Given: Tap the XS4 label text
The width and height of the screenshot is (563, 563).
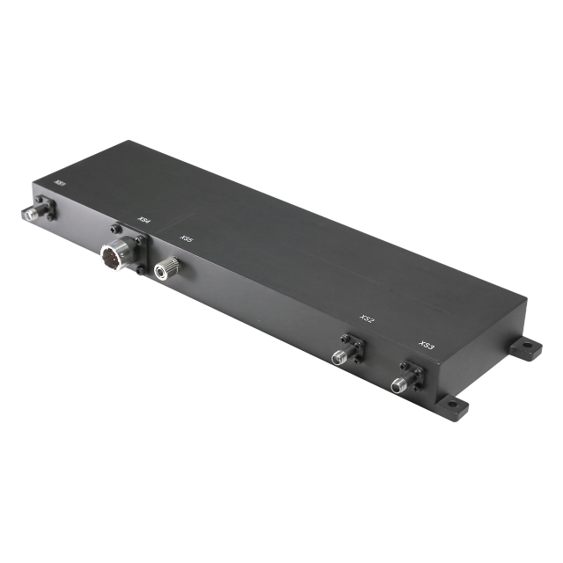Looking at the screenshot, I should (143, 221).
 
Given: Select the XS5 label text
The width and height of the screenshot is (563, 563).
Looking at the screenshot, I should (186, 239).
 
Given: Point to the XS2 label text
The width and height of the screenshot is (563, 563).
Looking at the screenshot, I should (368, 319).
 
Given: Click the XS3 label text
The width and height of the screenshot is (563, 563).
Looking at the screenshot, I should (428, 346).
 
